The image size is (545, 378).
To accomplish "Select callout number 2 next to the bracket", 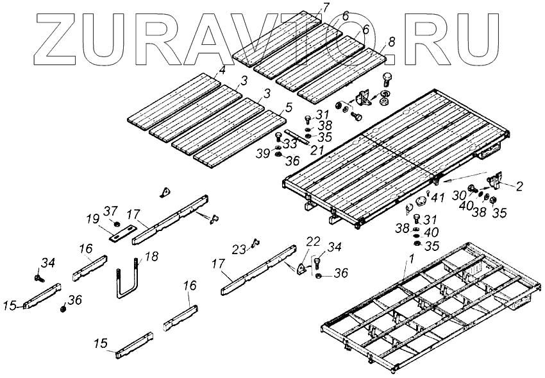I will pyautogui.click(x=519, y=187).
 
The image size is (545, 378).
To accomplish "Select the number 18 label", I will pyautogui.click(x=151, y=257).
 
